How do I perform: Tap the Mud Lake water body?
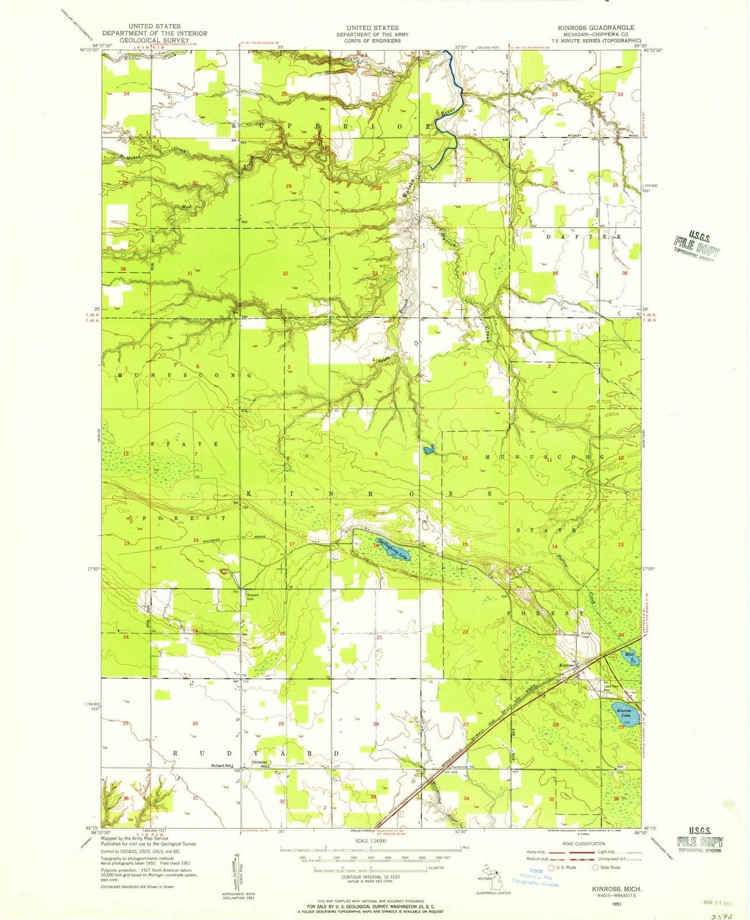click(x=629, y=657)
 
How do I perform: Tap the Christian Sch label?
click(x=261, y=764)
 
